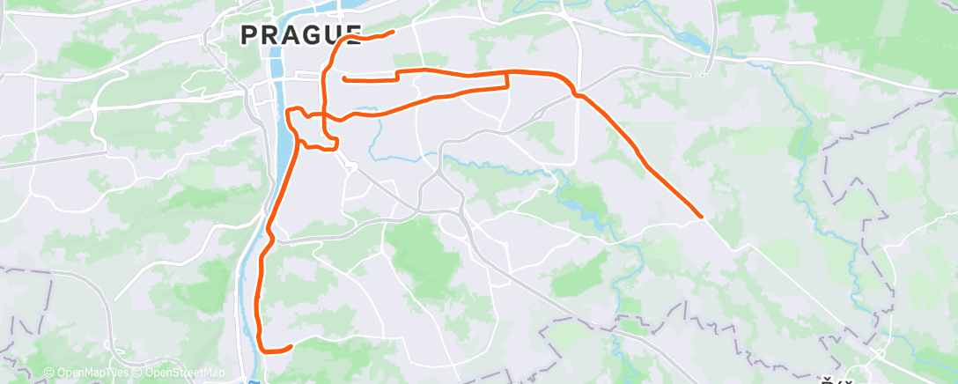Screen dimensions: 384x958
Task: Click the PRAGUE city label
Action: (300, 34)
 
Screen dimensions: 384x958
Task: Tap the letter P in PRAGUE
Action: (248, 34)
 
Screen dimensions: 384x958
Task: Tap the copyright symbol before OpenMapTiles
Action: (49, 373)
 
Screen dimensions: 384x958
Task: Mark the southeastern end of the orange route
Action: (701, 216)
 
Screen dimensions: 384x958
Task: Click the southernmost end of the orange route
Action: (291, 346)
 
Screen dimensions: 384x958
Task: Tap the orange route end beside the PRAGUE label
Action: (392, 32)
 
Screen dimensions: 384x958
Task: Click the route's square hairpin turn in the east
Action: (507, 81)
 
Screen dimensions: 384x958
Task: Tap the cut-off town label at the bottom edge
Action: (832, 380)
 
